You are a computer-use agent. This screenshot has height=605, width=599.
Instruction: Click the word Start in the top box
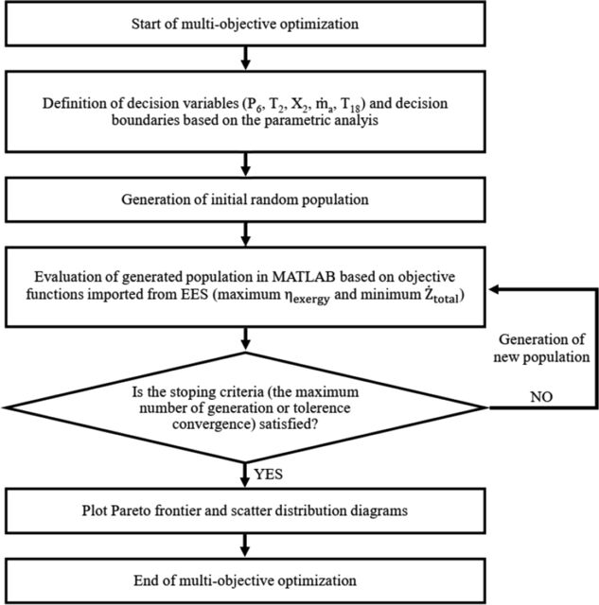tap(145, 24)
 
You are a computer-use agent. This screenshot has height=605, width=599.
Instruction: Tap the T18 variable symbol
tap(350, 105)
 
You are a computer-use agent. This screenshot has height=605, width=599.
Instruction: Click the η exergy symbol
tap(310, 297)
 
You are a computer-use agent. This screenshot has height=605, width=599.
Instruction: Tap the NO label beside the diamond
tap(541, 397)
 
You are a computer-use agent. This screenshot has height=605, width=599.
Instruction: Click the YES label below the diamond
tap(269, 475)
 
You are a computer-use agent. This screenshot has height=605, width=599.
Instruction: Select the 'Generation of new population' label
tap(541, 348)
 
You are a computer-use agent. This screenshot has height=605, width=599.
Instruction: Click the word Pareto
tap(132, 510)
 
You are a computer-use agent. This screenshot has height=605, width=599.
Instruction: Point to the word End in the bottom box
tap(145, 580)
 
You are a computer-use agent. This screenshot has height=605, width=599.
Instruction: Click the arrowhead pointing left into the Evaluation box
tap(495, 289)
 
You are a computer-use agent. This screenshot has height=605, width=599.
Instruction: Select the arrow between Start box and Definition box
tap(245, 59)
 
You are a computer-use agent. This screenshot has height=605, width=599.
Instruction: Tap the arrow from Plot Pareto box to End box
tap(245, 546)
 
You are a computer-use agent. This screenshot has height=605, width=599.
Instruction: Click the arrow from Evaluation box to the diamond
tap(245, 339)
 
